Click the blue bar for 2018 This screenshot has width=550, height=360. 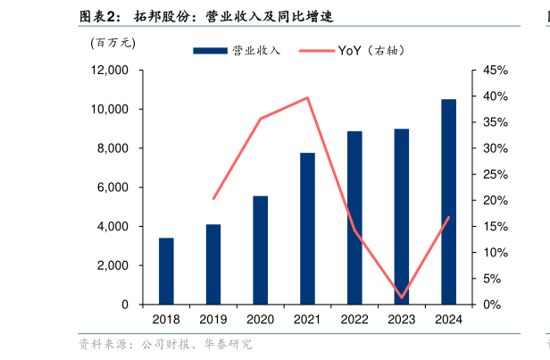(x=166, y=271)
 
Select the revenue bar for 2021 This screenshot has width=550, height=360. (x=307, y=229)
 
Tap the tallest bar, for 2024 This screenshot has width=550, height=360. (x=448, y=202)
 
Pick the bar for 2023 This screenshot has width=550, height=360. (x=402, y=216)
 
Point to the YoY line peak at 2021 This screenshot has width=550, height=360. (x=307, y=97)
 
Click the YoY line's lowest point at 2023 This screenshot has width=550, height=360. (x=402, y=297)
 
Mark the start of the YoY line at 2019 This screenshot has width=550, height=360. (x=213, y=199)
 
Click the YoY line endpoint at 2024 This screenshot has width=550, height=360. (x=448, y=217)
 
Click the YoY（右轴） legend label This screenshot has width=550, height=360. (x=371, y=51)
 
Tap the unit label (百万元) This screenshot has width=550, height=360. (x=112, y=41)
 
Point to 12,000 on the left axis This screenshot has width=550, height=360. (x=111, y=70)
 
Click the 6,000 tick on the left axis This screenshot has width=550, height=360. (x=114, y=188)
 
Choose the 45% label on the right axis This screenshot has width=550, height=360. (x=496, y=70)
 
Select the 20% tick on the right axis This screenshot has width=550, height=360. (x=496, y=200)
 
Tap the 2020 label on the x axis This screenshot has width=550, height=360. (x=260, y=319)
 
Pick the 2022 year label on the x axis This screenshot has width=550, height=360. (x=354, y=319)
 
